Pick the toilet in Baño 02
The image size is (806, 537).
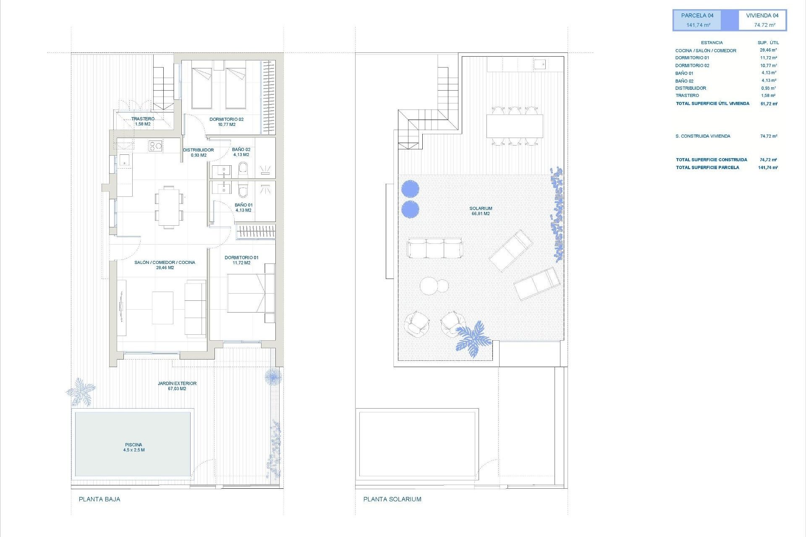point(243,169)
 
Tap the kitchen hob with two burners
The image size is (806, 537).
point(155,146)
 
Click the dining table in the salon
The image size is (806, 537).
point(169,207)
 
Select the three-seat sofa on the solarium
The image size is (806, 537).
point(434,248)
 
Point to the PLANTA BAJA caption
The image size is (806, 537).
point(99,499)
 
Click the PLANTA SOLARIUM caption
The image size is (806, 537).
point(392,499)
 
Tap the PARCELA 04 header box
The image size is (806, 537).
point(697,20)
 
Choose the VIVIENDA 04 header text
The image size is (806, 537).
point(762,16)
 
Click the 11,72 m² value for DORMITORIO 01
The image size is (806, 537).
point(768,58)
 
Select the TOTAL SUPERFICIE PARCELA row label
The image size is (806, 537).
point(707,167)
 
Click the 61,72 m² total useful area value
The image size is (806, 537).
point(769,104)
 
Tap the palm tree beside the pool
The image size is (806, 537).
point(81,392)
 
